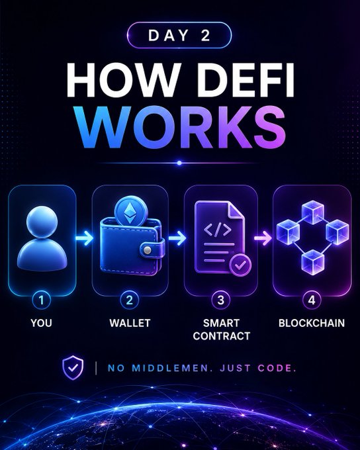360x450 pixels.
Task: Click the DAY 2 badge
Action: click(179, 35)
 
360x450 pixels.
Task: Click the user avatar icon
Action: click(42, 238)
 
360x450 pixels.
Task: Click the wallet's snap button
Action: click(148, 250)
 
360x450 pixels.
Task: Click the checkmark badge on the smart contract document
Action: click(240, 265)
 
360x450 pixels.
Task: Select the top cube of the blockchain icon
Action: click(312, 212)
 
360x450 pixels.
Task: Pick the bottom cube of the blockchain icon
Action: click(312, 262)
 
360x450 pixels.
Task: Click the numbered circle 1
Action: click(42, 300)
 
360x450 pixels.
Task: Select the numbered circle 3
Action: click(221, 300)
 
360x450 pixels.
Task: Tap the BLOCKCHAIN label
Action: click(312, 323)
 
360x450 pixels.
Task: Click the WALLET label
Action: click(130, 323)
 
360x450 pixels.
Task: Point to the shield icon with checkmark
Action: click(73, 368)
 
